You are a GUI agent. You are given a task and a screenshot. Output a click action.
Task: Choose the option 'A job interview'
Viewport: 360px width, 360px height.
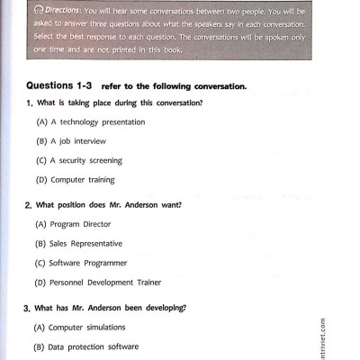tap(71, 141)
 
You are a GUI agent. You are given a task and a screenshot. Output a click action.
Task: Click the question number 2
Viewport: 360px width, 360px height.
tap(28, 205)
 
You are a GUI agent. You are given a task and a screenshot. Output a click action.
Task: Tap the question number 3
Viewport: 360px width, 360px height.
tap(28, 308)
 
